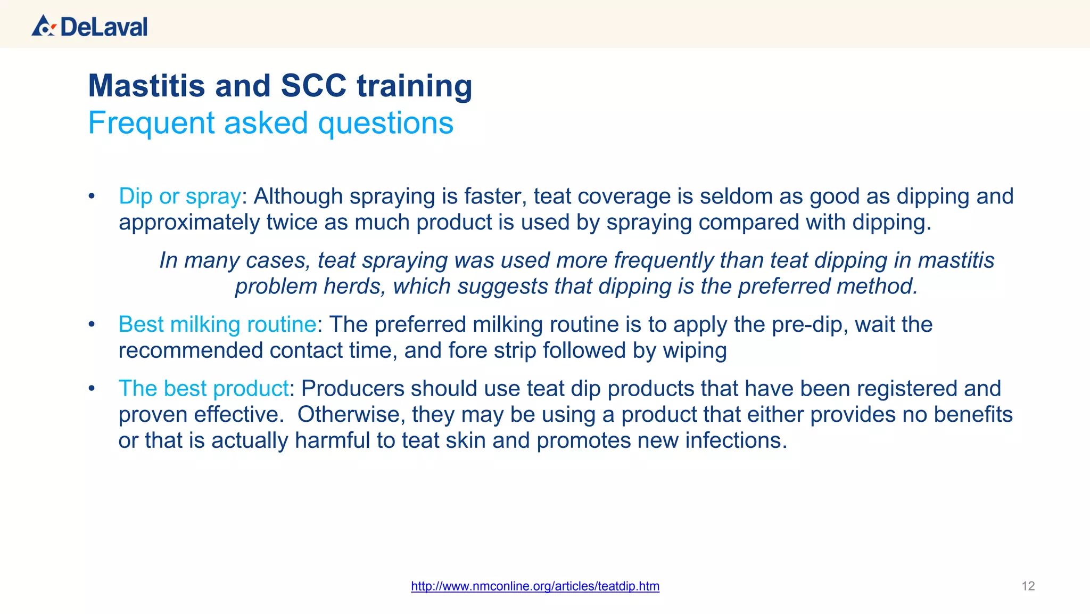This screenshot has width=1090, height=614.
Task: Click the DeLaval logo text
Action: (x=104, y=27)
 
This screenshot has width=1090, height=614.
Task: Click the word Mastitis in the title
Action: (x=146, y=86)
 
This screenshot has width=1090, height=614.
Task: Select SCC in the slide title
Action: (x=313, y=86)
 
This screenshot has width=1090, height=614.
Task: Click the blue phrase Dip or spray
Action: (x=180, y=197)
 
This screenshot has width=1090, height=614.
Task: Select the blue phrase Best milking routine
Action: (x=217, y=324)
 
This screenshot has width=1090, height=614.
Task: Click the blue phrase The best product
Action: (x=203, y=388)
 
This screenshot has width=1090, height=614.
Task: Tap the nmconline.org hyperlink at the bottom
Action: (x=535, y=586)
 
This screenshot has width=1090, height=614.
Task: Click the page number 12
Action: (x=1028, y=586)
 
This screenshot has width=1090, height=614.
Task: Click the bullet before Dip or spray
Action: (x=92, y=197)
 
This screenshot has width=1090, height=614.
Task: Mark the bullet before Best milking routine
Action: (x=92, y=324)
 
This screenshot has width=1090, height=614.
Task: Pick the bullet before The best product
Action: (x=92, y=388)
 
